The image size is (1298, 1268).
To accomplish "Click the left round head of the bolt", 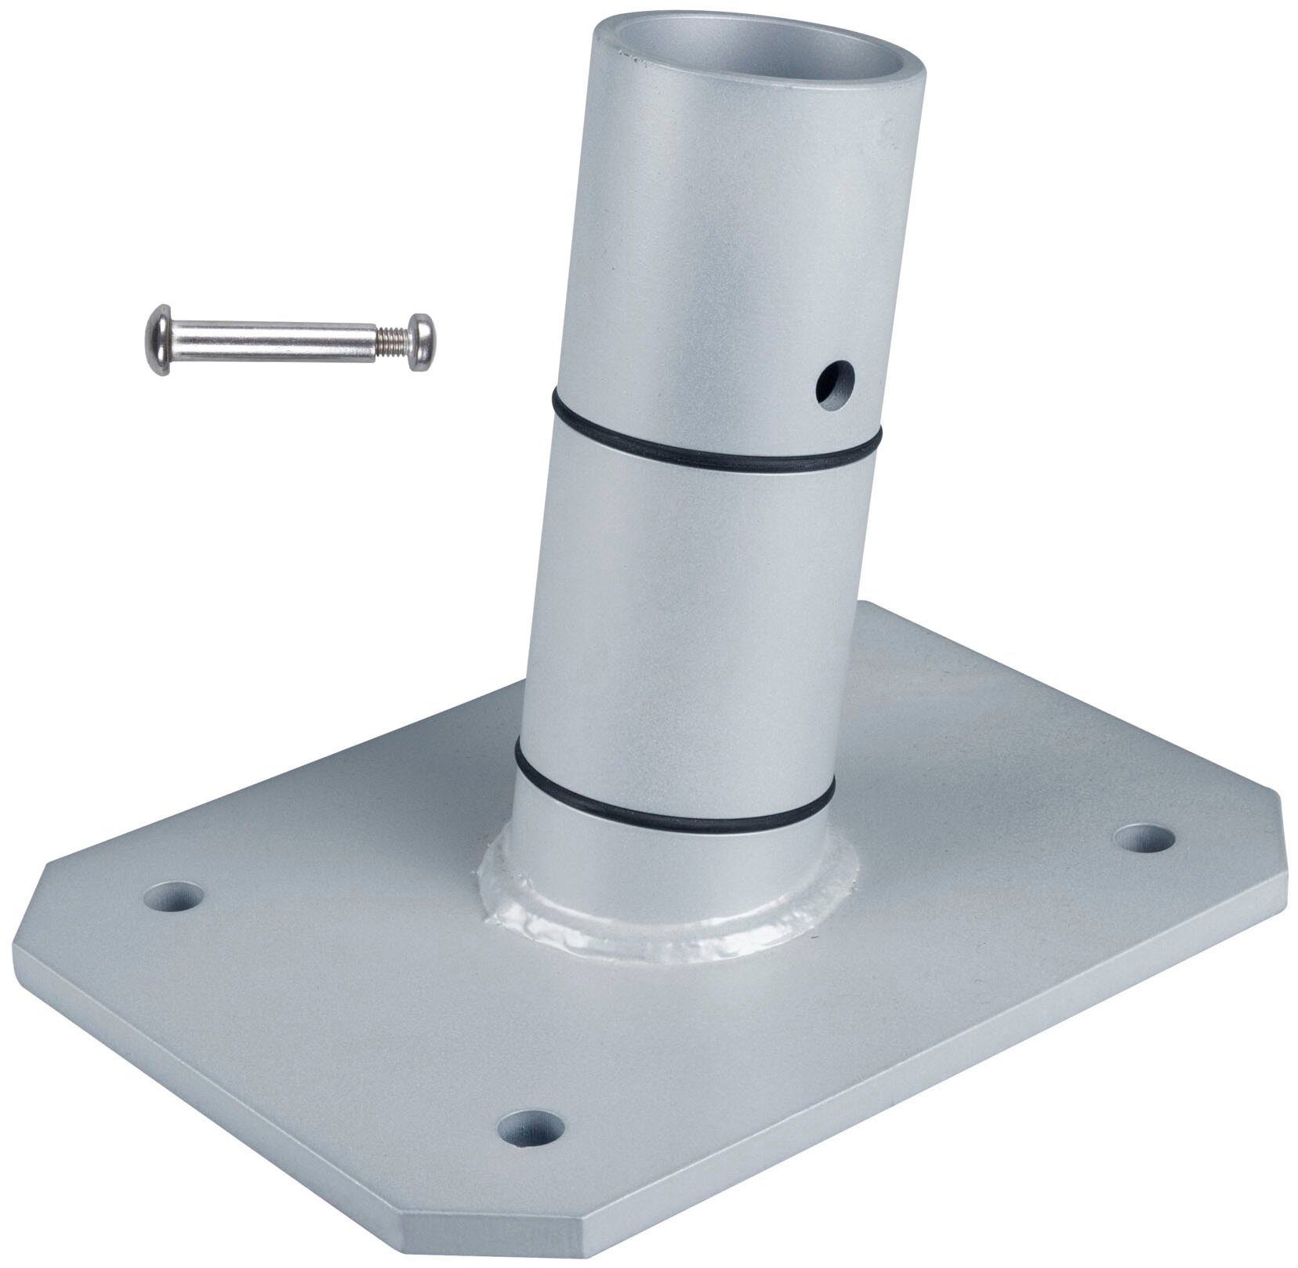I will click(x=158, y=339).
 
